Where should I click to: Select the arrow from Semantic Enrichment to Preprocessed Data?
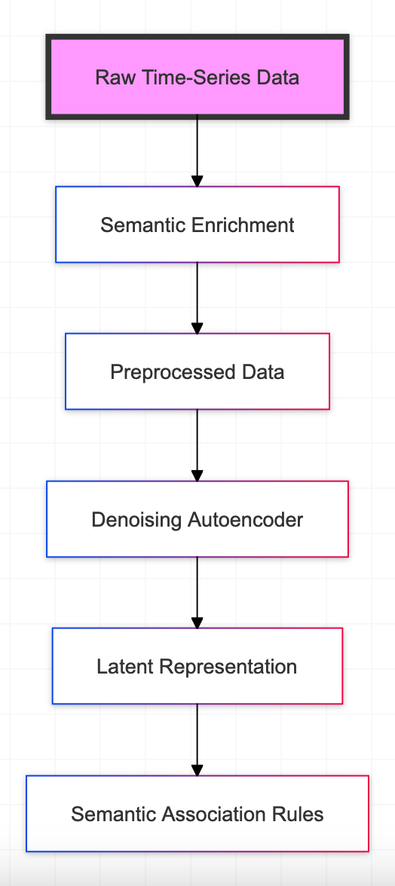[197, 298]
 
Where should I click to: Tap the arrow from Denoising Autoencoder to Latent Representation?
[197, 593]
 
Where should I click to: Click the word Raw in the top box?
[112, 77]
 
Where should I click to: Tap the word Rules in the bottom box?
[299, 814]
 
